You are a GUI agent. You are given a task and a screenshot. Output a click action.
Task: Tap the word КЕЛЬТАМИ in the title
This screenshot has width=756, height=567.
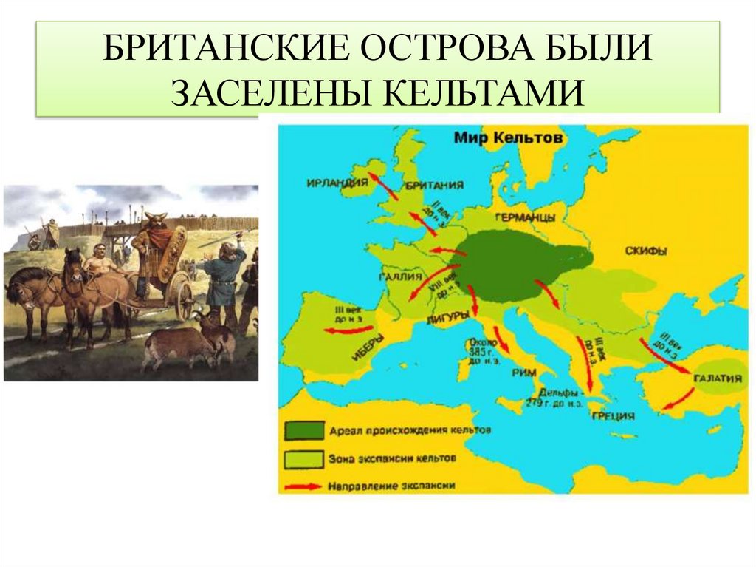click(484, 92)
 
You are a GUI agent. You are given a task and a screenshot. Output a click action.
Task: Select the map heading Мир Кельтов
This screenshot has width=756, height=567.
click(508, 137)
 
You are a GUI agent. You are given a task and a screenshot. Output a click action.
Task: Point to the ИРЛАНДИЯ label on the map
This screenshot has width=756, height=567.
click(337, 183)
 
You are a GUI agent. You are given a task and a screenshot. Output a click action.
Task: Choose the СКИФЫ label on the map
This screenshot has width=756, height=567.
click(645, 251)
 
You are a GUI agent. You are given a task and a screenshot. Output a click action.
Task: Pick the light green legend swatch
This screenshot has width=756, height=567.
click(303, 458)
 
